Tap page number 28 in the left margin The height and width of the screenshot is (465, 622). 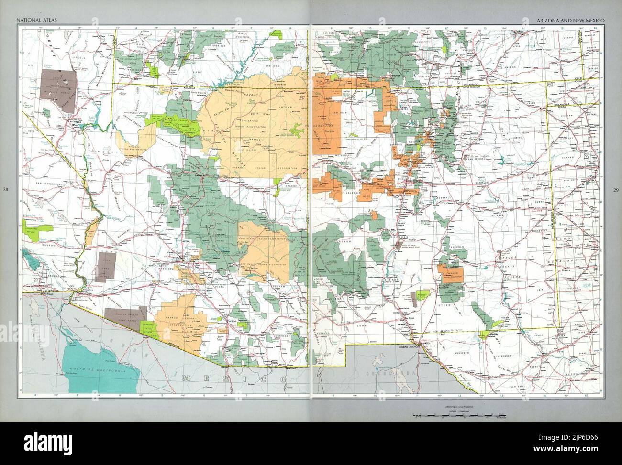[x=5, y=190]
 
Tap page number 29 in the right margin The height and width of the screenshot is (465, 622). [x=616, y=190]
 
